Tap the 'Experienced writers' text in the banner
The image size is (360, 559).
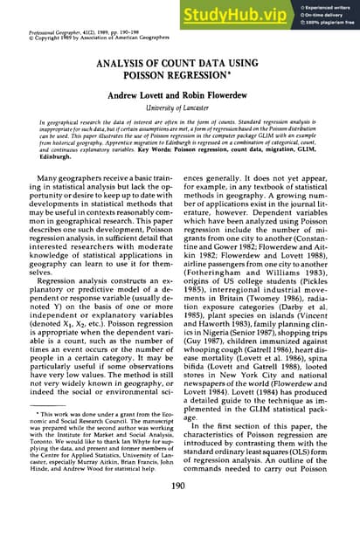[329, 5]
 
